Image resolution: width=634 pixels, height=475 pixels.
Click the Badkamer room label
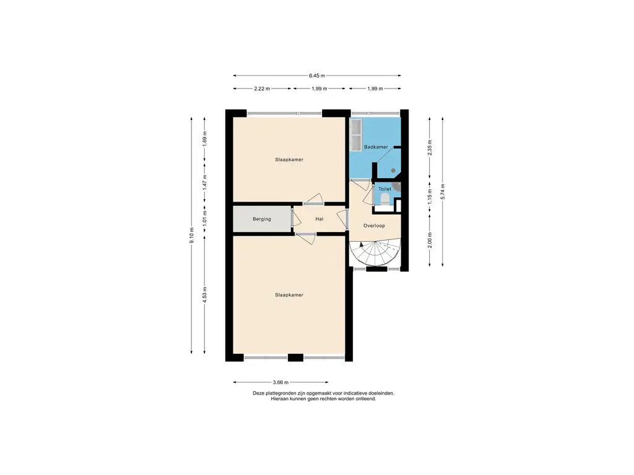(376, 147)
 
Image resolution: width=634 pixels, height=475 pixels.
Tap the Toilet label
(384, 189)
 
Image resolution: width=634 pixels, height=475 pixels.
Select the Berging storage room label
(262, 219)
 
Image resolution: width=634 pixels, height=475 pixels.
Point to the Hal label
(319, 219)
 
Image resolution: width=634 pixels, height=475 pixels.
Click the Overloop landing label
(374, 226)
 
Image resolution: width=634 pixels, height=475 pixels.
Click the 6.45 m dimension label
(317, 75)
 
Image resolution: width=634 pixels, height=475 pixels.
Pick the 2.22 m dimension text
(262, 88)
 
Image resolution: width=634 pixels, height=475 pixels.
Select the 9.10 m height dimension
(192, 235)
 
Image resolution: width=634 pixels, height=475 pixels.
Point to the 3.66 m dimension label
(280, 382)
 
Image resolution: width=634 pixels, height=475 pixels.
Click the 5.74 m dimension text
(443, 192)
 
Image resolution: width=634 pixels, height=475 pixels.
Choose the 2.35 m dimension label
(430, 147)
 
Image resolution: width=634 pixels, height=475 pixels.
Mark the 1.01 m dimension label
(204, 218)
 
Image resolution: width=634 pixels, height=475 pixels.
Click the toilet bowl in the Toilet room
(385, 199)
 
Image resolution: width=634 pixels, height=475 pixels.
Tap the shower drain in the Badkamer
(393, 171)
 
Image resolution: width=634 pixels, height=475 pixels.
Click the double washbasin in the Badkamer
(356, 135)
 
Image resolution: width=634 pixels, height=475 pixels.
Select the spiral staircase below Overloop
(375, 254)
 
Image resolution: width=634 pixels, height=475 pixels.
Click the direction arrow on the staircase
(361, 245)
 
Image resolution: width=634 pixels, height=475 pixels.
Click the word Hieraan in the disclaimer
(279, 399)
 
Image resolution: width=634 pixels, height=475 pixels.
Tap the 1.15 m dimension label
(430, 196)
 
